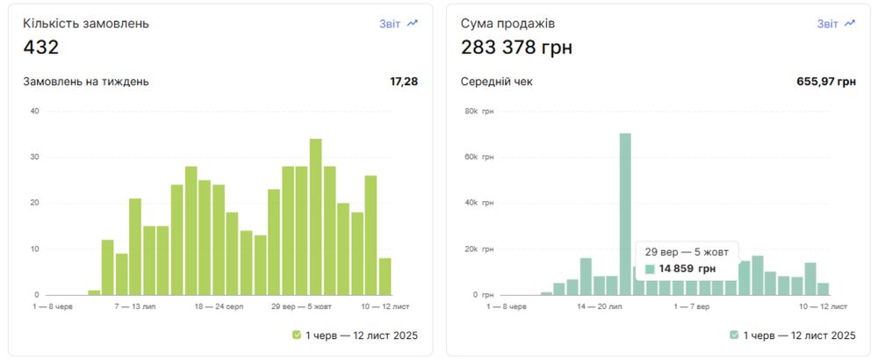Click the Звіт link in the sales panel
828,24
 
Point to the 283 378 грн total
516,47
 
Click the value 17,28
404,82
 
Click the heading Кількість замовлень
86,24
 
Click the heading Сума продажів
507,24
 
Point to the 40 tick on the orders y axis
34,111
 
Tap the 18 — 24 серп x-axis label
219,307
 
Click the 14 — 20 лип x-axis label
599,307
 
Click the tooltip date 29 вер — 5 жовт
687,250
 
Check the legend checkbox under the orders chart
297,335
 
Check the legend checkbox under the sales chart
734,335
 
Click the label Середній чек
496,82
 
